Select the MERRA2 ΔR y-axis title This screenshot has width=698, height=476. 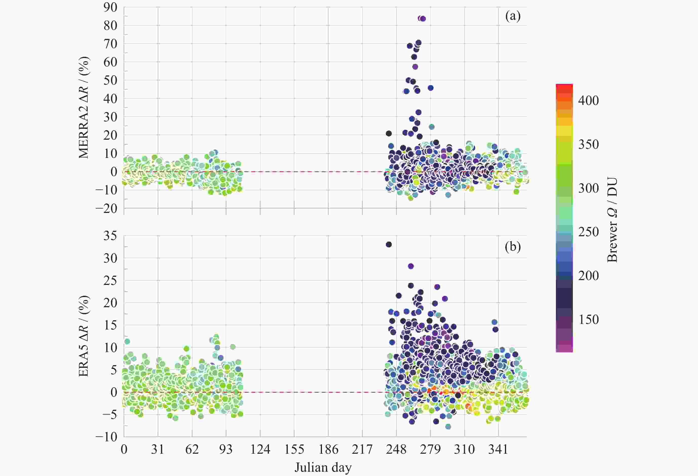tap(84, 107)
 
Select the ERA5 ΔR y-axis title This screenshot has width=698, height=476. tap(84, 336)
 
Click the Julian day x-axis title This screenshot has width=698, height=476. tap(323, 468)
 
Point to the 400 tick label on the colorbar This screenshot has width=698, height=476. tap(588, 100)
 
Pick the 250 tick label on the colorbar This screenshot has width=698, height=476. tap(588, 232)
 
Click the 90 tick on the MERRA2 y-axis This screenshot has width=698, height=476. tap(110, 8)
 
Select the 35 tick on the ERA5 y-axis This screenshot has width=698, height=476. tap(110, 236)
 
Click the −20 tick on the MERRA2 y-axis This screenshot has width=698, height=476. tap(106, 208)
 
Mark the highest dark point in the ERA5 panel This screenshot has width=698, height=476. tap(389, 245)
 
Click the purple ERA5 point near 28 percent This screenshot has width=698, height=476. tap(411, 266)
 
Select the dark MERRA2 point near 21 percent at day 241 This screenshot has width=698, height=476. tap(389, 133)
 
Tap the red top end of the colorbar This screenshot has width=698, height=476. tap(564, 87)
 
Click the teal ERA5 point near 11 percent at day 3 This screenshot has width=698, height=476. tap(127, 341)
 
